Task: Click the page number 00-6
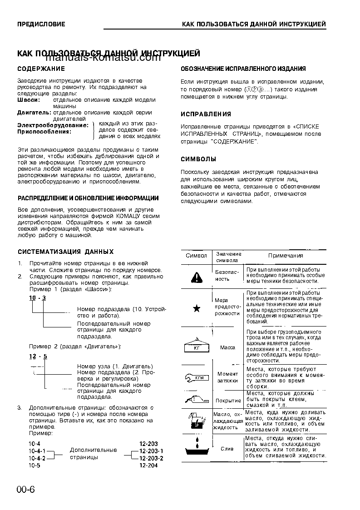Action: pos(26,489)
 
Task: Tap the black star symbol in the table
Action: pos(197,309)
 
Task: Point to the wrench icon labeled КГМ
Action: pos(196,377)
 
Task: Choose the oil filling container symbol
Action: pos(196,421)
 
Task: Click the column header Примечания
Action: pos(285,256)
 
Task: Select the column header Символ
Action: pos(196,256)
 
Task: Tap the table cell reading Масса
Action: pos(227,347)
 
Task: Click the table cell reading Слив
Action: pos(227,449)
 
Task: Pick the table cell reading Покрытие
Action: pos(228,401)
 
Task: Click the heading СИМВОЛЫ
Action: pos(198,159)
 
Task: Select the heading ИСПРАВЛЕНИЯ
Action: pos(206,114)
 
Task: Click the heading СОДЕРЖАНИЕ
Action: pos(41,69)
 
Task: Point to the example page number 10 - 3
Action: pos(38,297)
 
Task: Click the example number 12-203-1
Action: pos(151,451)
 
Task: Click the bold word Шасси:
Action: pos(28,99)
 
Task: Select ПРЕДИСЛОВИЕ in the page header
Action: pos(41,24)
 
